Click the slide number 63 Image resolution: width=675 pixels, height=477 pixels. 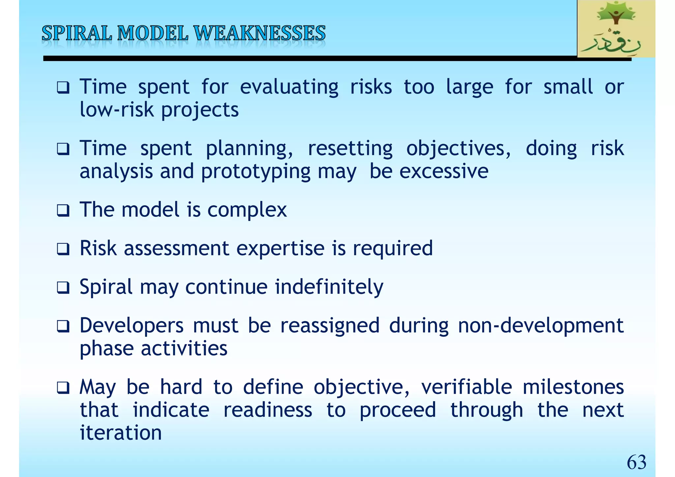pos(636,462)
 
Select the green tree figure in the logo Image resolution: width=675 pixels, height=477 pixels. pos(616,16)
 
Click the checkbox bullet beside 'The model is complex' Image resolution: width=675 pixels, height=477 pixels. pos(63,210)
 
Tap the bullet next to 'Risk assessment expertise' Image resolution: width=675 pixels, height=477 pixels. pos(63,249)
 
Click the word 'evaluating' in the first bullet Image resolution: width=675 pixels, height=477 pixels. pos(289,87)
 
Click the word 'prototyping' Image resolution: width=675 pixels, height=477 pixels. pos(256,172)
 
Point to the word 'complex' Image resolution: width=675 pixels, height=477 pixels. pos(247,210)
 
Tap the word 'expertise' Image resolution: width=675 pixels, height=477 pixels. pos(280,249)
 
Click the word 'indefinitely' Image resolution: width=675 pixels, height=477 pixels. pos(329,287)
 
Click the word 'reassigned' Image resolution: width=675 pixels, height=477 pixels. pos(330,326)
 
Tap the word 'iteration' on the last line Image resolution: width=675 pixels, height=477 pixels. pos(121,433)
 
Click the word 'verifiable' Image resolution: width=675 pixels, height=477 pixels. pos(466,387)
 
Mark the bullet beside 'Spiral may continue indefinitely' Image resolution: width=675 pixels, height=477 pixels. pos(63,287)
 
